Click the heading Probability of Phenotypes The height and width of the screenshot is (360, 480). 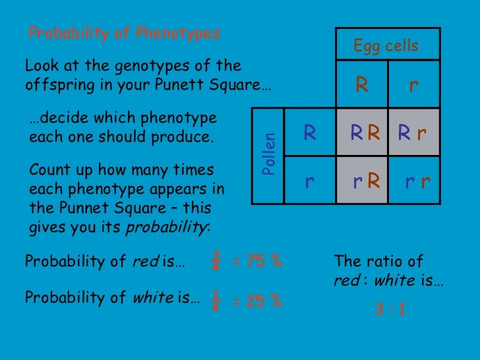tap(124, 33)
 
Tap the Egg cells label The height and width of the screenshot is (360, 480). tap(386, 45)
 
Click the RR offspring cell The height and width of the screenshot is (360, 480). tap(365, 134)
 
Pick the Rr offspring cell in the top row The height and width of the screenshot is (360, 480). tap(412, 134)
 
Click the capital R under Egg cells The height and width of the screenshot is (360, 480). tap(361, 85)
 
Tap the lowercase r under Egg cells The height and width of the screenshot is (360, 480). tap(413, 86)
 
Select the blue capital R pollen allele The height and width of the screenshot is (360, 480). tap(309, 133)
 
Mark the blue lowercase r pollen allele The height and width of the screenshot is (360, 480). tap(309, 181)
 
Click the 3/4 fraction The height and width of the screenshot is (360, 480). tap(216, 260)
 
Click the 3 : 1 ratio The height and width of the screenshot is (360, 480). tap(389, 308)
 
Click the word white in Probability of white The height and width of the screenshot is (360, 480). tap(153, 298)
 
